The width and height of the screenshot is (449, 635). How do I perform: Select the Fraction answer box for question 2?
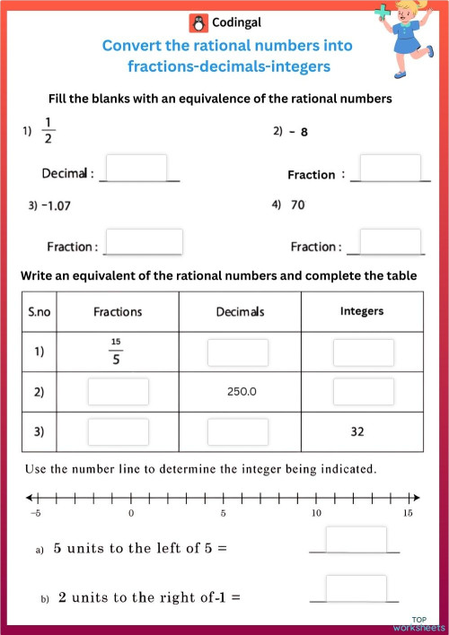(x=391, y=168)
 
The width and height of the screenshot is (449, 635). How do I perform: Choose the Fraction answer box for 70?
(x=391, y=241)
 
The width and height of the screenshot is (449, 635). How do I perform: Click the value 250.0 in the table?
(x=238, y=392)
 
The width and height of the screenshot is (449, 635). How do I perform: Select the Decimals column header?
(x=240, y=311)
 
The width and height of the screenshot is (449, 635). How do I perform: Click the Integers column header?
(x=363, y=311)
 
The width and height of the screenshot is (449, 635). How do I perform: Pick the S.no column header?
(x=40, y=311)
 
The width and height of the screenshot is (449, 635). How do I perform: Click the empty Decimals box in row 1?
(x=238, y=352)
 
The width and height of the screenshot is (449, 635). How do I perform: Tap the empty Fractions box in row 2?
(x=118, y=392)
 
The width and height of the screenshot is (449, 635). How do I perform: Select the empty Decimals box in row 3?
(x=238, y=431)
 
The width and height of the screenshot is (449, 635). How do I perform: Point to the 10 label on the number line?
(x=315, y=514)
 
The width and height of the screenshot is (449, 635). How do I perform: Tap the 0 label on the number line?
(x=131, y=514)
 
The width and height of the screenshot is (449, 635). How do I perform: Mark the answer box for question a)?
(x=356, y=541)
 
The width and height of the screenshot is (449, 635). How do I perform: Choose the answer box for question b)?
(x=356, y=588)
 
